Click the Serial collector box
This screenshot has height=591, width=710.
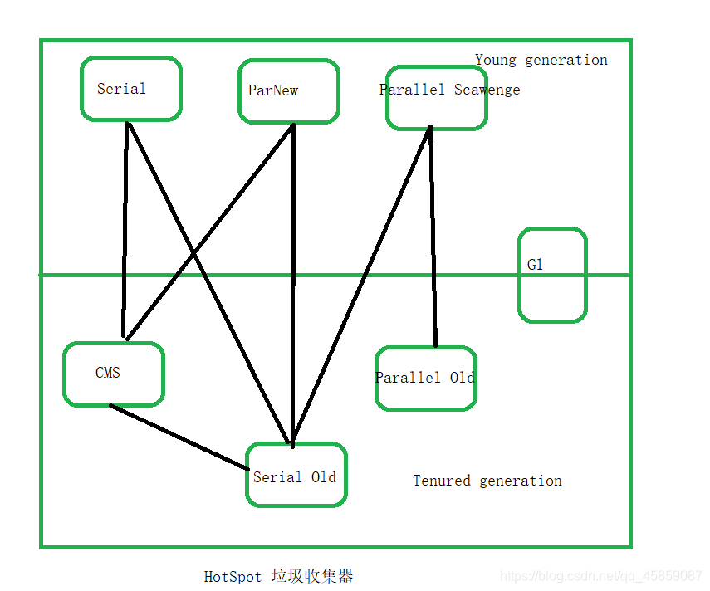point(130,89)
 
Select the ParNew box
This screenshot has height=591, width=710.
point(288,91)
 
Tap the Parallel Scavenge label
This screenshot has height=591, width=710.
point(449,90)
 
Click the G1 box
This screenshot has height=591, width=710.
point(552,275)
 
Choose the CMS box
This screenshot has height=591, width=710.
point(114,374)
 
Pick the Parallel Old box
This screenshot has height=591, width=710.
point(425,379)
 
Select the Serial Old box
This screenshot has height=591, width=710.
point(296,475)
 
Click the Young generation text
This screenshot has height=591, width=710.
point(541,60)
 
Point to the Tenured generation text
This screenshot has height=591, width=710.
point(487,481)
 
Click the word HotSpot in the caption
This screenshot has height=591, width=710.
point(233,577)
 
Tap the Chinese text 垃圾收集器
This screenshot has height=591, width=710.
point(312,576)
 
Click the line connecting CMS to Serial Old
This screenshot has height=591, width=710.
point(179,437)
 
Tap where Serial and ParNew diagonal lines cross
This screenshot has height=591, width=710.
point(194,252)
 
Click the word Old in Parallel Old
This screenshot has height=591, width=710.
point(462,378)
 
